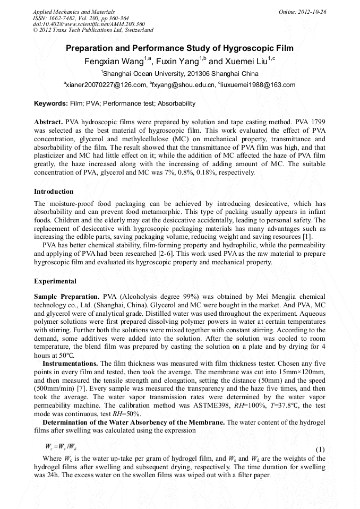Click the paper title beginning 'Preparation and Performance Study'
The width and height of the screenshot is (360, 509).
[x=179, y=48]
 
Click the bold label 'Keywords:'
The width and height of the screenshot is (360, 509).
[x=51, y=103]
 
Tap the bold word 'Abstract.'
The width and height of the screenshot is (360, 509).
[x=49, y=122]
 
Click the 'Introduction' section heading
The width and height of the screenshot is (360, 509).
[x=54, y=191]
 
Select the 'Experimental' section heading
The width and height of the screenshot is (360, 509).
[x=55, y=281]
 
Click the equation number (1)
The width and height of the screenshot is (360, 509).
[x=320, y=449]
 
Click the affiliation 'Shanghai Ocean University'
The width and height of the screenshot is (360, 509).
[x=142, y=73]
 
